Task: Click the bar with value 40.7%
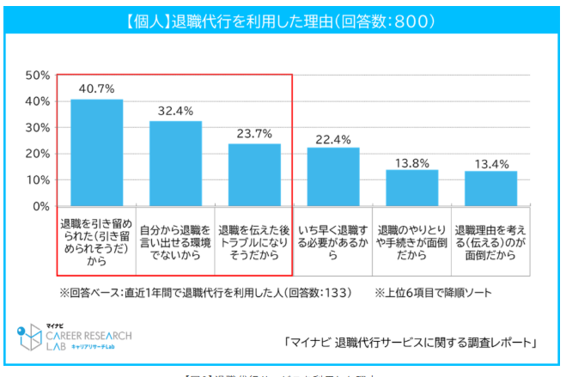click(96, 153)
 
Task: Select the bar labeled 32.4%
click(175, 164)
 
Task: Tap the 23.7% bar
click(254, 175)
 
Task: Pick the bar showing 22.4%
click(333, 177)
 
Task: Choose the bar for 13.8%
click(412, 188)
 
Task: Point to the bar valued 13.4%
click(491, 189)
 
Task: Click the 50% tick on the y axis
click(37, 75)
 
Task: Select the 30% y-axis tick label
click(37, 127)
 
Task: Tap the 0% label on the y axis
click(40, 206)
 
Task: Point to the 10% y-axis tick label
click(37, 180)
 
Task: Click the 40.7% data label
click(96, 88)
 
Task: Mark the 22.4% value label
click(333, 137)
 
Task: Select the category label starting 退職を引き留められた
click(96, 243)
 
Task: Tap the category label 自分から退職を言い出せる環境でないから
click(175, 237)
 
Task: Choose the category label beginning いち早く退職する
click(333, 237)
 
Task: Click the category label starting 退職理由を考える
click(491, 237)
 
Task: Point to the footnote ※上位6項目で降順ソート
click(434, 293)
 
